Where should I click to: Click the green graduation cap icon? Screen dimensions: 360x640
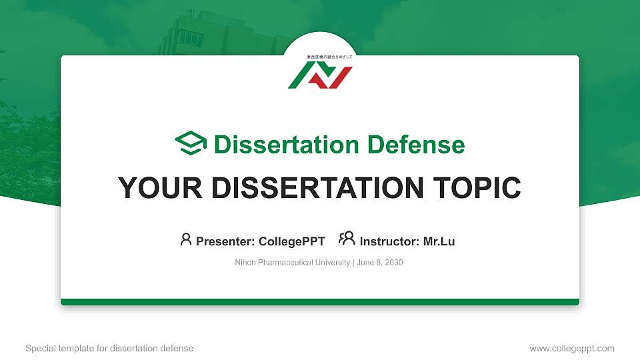click(x=191, y=144)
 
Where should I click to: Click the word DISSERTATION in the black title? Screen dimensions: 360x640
click(x=315, y=188)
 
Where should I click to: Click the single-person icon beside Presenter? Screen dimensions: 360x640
click(x=186, y=239)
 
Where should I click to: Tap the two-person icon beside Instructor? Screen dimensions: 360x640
click(x=347, y=239)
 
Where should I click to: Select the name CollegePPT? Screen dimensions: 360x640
click(x=293, y=241)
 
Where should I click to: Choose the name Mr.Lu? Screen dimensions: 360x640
click(x=439, y=241)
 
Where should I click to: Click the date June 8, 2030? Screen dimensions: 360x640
click(x=379, y=263)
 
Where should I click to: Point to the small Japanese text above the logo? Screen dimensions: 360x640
click(x=320, y=58)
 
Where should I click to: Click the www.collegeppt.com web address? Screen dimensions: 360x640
click(x=572, y=348)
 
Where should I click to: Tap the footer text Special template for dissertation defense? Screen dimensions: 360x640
click(x=109, y=348)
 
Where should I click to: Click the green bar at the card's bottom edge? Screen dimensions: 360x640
click(x=320, y=302)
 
